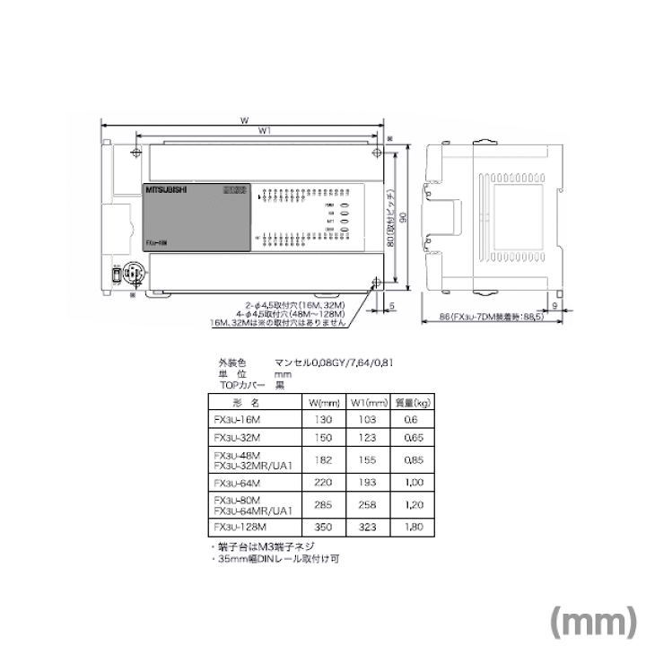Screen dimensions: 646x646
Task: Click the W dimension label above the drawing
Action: [243, 119]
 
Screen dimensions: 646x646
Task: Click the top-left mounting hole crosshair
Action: [135, 153]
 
